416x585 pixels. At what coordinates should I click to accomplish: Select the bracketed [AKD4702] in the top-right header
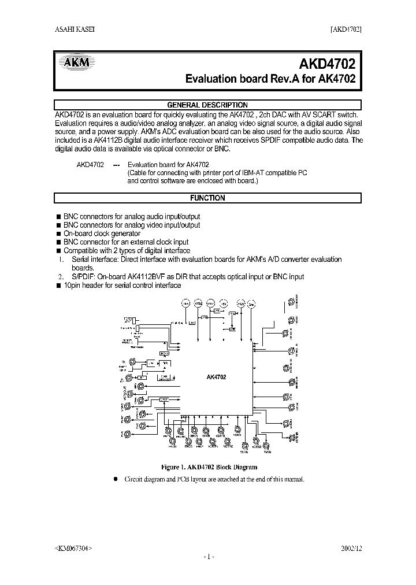coord(346,31)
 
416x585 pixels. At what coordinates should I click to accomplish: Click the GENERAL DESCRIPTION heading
coord(208,105)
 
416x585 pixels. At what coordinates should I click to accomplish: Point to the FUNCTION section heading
coord(208,198)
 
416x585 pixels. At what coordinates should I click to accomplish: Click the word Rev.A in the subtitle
coord(283,79)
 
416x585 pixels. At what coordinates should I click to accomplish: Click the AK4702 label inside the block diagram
coord(216,377)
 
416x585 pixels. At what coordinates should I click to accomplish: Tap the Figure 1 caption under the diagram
coord(209,467)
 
